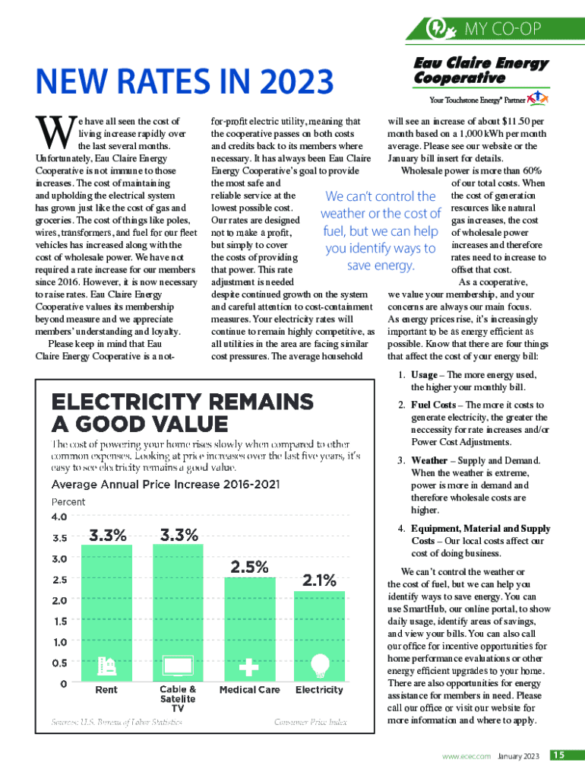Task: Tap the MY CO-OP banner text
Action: point(503,30)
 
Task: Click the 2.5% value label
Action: point(249,567)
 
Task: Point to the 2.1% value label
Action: point(320,580)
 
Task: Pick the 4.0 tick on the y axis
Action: point(59,517)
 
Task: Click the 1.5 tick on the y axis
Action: point(59,621)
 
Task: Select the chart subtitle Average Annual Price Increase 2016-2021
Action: point(165,485)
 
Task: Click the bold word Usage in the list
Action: point(424,375)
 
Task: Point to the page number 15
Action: point(558,755)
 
